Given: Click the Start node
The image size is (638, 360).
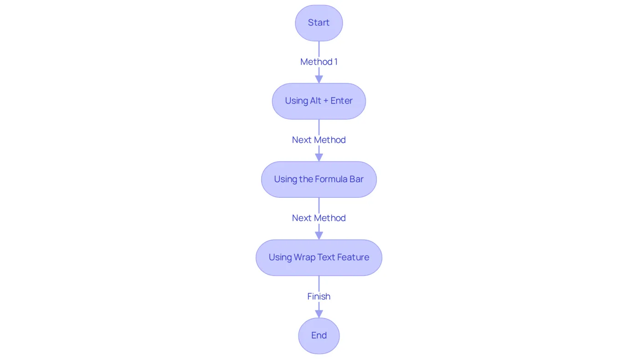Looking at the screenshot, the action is [x=319, y=23].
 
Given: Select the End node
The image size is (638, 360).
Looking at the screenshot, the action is [x=319, y=335].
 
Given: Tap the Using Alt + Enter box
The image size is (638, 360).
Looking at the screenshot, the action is [x=319, y=101].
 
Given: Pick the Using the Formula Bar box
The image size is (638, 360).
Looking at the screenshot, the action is [x=319, y=180].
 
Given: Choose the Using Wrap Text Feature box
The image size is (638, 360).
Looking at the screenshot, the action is [x=319, y=257].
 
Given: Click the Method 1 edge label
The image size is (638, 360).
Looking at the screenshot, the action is [x=319, y=62].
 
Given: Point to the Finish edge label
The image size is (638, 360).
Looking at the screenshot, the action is [x=319, y=297].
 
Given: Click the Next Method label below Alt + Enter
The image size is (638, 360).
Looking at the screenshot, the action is [x=319, y=140].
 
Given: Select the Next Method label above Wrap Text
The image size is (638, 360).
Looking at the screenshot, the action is [x=319, y=218].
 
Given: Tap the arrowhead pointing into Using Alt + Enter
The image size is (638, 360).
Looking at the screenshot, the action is [x=319, y=79].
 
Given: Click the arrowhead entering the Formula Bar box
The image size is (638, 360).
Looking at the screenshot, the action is [x=319, y=158].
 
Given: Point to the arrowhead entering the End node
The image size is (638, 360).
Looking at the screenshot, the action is [x=319, y=314].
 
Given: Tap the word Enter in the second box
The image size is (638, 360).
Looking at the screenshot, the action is [x=341, y=101].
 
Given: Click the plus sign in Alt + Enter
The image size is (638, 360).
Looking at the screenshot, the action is [x=326, y=101].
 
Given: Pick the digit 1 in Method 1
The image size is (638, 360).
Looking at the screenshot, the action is [x=336, y=62].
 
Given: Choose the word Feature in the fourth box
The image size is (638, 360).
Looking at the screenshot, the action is [x=353, y=257].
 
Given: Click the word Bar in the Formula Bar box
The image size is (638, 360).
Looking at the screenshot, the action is [x=356, y=179].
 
